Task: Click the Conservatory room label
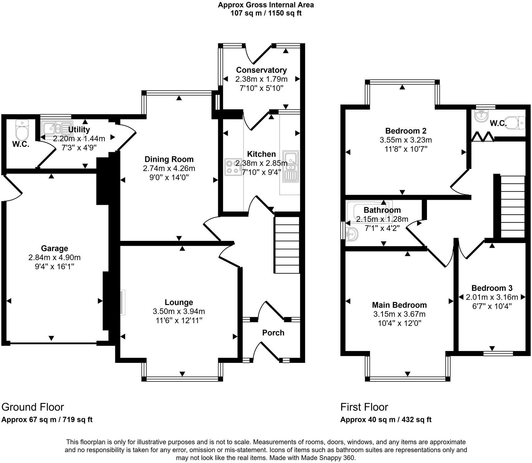261,70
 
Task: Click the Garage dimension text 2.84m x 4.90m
54,258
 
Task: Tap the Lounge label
179,302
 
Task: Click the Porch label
273,333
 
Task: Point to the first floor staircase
512,207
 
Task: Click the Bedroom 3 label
492,288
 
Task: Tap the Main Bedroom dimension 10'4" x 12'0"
399,323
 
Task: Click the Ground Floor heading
33,407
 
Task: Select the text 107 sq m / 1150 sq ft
266,13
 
